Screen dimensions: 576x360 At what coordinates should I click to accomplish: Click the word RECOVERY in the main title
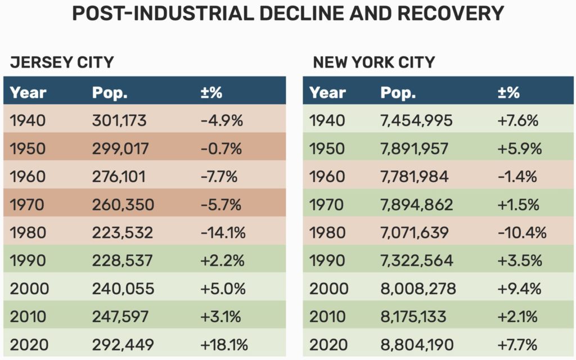(x=451, y=13)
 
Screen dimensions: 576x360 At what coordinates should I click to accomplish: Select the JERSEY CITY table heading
(x=62, y=62)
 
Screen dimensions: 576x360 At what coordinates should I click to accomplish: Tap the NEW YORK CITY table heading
(x=374, y=62)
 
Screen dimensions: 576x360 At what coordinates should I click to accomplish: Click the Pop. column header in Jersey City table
(x=110, y=93)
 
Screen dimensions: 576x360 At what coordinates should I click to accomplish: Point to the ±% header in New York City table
(x=508, y=93)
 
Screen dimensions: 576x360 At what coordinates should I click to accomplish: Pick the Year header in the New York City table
(x=327, y=93)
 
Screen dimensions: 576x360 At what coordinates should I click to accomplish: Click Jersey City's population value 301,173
(x=119, y=120)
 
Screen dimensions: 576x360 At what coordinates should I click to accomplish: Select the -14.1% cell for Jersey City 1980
(x=223, y=233)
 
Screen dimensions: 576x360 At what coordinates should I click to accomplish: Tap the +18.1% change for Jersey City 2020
(x=224, y=345)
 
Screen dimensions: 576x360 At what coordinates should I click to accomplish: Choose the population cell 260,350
(x=123, y=205)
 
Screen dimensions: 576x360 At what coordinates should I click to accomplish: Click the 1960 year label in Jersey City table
(x=28, y=177)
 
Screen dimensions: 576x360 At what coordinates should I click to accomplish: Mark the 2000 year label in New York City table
(x=328, y=289)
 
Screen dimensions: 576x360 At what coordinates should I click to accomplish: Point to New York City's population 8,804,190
(x=417, y=345)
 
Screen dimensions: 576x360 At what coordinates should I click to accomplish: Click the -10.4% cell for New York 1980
(x=522, y=233)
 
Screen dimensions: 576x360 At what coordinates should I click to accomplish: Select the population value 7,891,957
(x=415, y=148)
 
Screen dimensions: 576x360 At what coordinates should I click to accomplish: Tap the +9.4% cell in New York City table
(x=519, y=289)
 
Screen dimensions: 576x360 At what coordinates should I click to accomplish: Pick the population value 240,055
(x=123, y=289)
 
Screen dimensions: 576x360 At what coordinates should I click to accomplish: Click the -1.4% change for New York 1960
(x=517, y=177)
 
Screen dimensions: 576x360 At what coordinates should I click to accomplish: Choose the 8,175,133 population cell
(x=413, y=317)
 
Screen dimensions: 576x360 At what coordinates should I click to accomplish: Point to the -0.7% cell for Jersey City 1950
(x=221, y=148)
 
